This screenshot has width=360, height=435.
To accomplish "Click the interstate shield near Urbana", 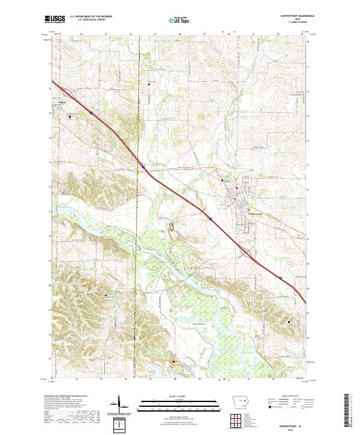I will pyautogui.click(x=91, y=111).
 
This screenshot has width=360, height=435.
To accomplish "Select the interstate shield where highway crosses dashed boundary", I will pyautogui.click(x=143, y=165).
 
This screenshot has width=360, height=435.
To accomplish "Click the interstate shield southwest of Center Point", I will pyautogui.click(x=211, y=219).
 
